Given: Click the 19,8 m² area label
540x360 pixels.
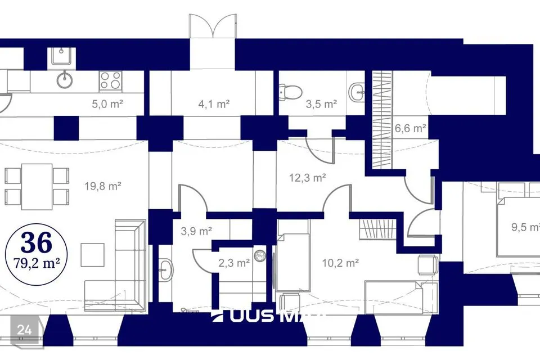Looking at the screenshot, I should (x=103, y=186).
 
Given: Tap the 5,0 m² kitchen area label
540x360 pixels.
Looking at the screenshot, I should (x=107, y=103).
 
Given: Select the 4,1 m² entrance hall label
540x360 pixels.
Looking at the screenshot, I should (x=214, y=103).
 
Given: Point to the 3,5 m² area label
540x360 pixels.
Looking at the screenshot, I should (x=321, y=103).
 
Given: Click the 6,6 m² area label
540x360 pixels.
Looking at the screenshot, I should (x=410, y=128).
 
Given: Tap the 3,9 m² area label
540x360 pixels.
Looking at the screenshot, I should (x=196, y=231).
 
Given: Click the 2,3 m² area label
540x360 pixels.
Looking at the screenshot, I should (x=234, y=263).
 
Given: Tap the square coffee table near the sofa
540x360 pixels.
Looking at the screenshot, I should (x=92, y=254).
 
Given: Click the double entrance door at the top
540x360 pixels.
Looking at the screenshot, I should (x=211, y=26).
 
